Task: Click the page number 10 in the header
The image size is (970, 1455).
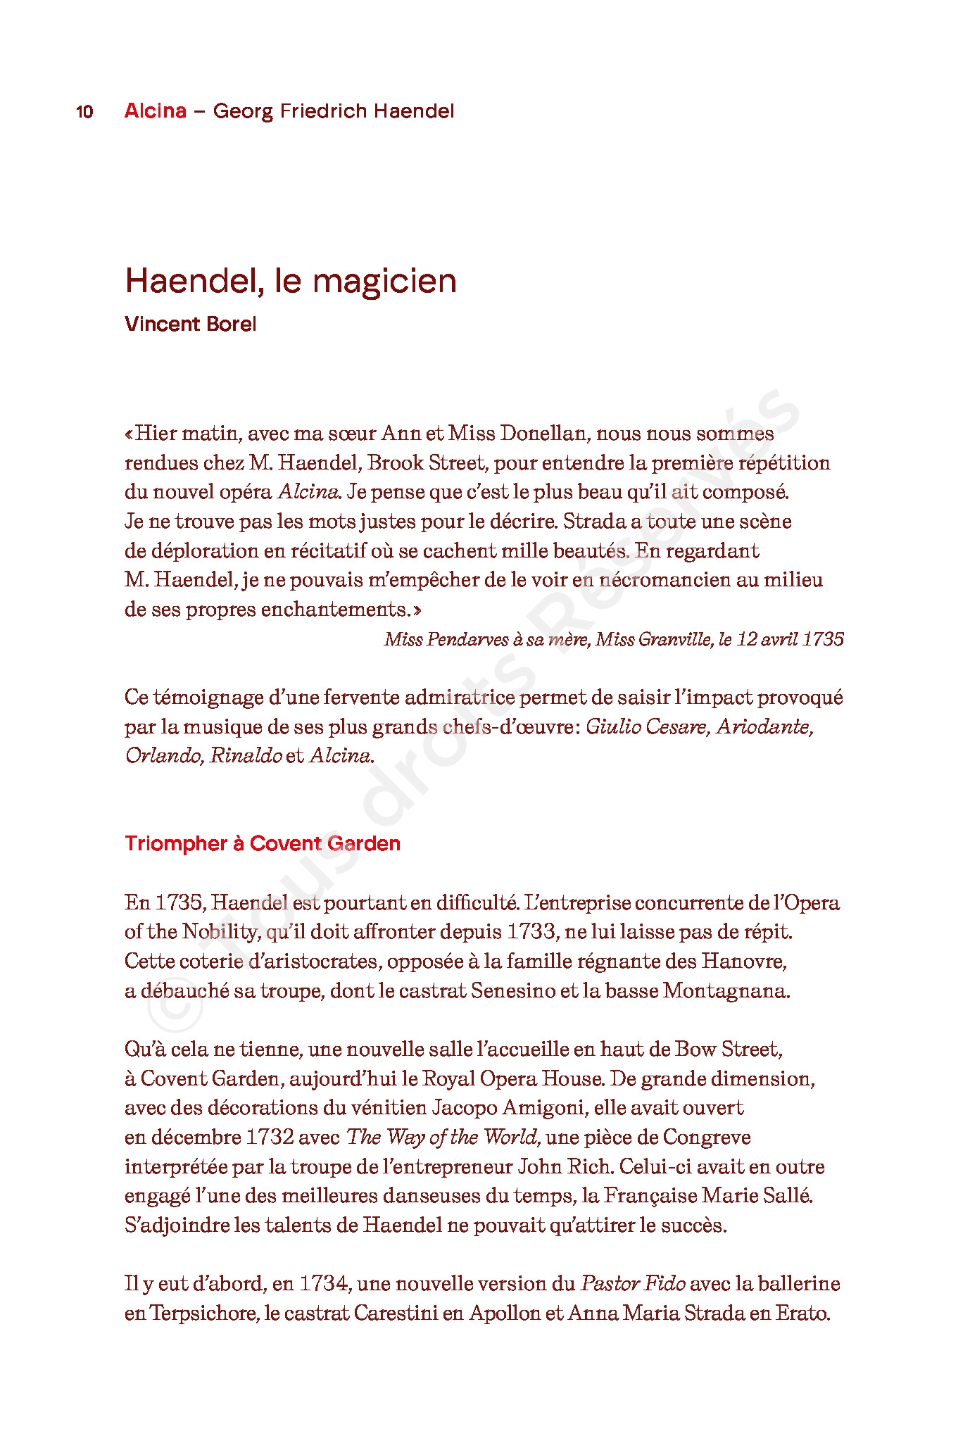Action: tap(84, 111)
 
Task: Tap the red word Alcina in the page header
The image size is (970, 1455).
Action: tap(156, 111)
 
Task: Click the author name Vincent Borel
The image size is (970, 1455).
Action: tap(190, 324)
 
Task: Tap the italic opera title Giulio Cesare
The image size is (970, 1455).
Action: tap(647, 726)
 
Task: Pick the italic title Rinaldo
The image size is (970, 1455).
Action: tap(246, 756)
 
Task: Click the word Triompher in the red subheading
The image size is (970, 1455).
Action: tap(176, 843)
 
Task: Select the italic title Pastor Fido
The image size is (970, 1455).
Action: tap(633, 1284)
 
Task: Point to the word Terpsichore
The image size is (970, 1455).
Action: tap(202, 1314)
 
